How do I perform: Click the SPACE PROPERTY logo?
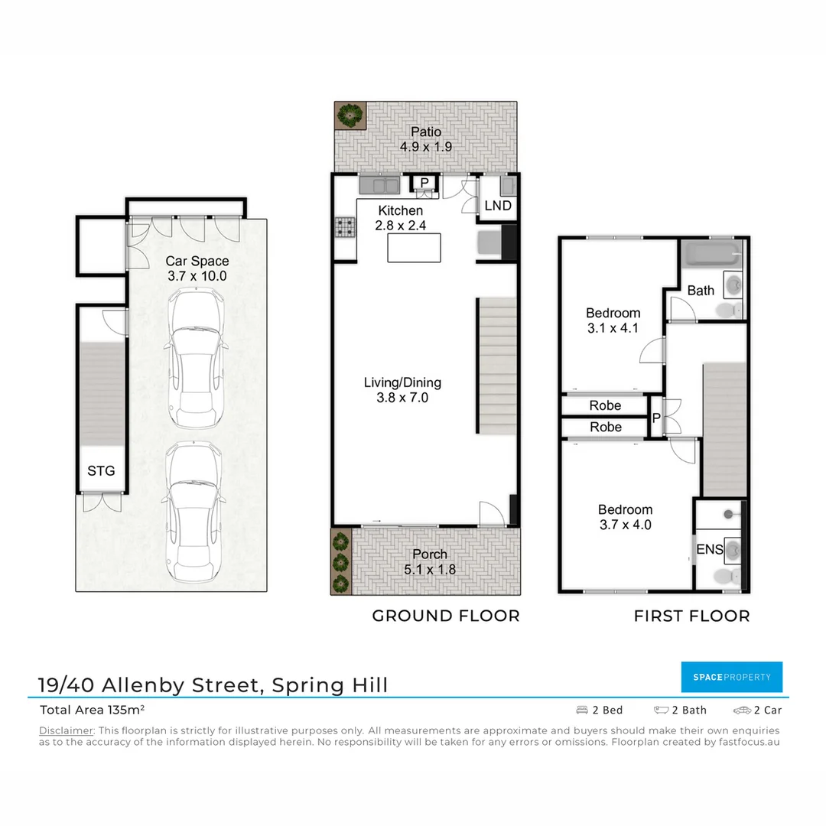731,677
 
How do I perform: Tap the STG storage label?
101,470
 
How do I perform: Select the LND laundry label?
498,206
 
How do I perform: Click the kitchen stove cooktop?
345,227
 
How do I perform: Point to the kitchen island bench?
415,249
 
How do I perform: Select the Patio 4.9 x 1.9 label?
425,139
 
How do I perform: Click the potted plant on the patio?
350,115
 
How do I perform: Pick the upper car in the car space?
196,359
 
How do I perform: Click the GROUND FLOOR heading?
445,616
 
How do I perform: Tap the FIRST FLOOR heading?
691,616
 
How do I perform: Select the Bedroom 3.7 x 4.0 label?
625,517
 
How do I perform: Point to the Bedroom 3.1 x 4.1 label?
613,320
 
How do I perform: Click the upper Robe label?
605,405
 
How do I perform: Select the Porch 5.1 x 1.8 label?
429,561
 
